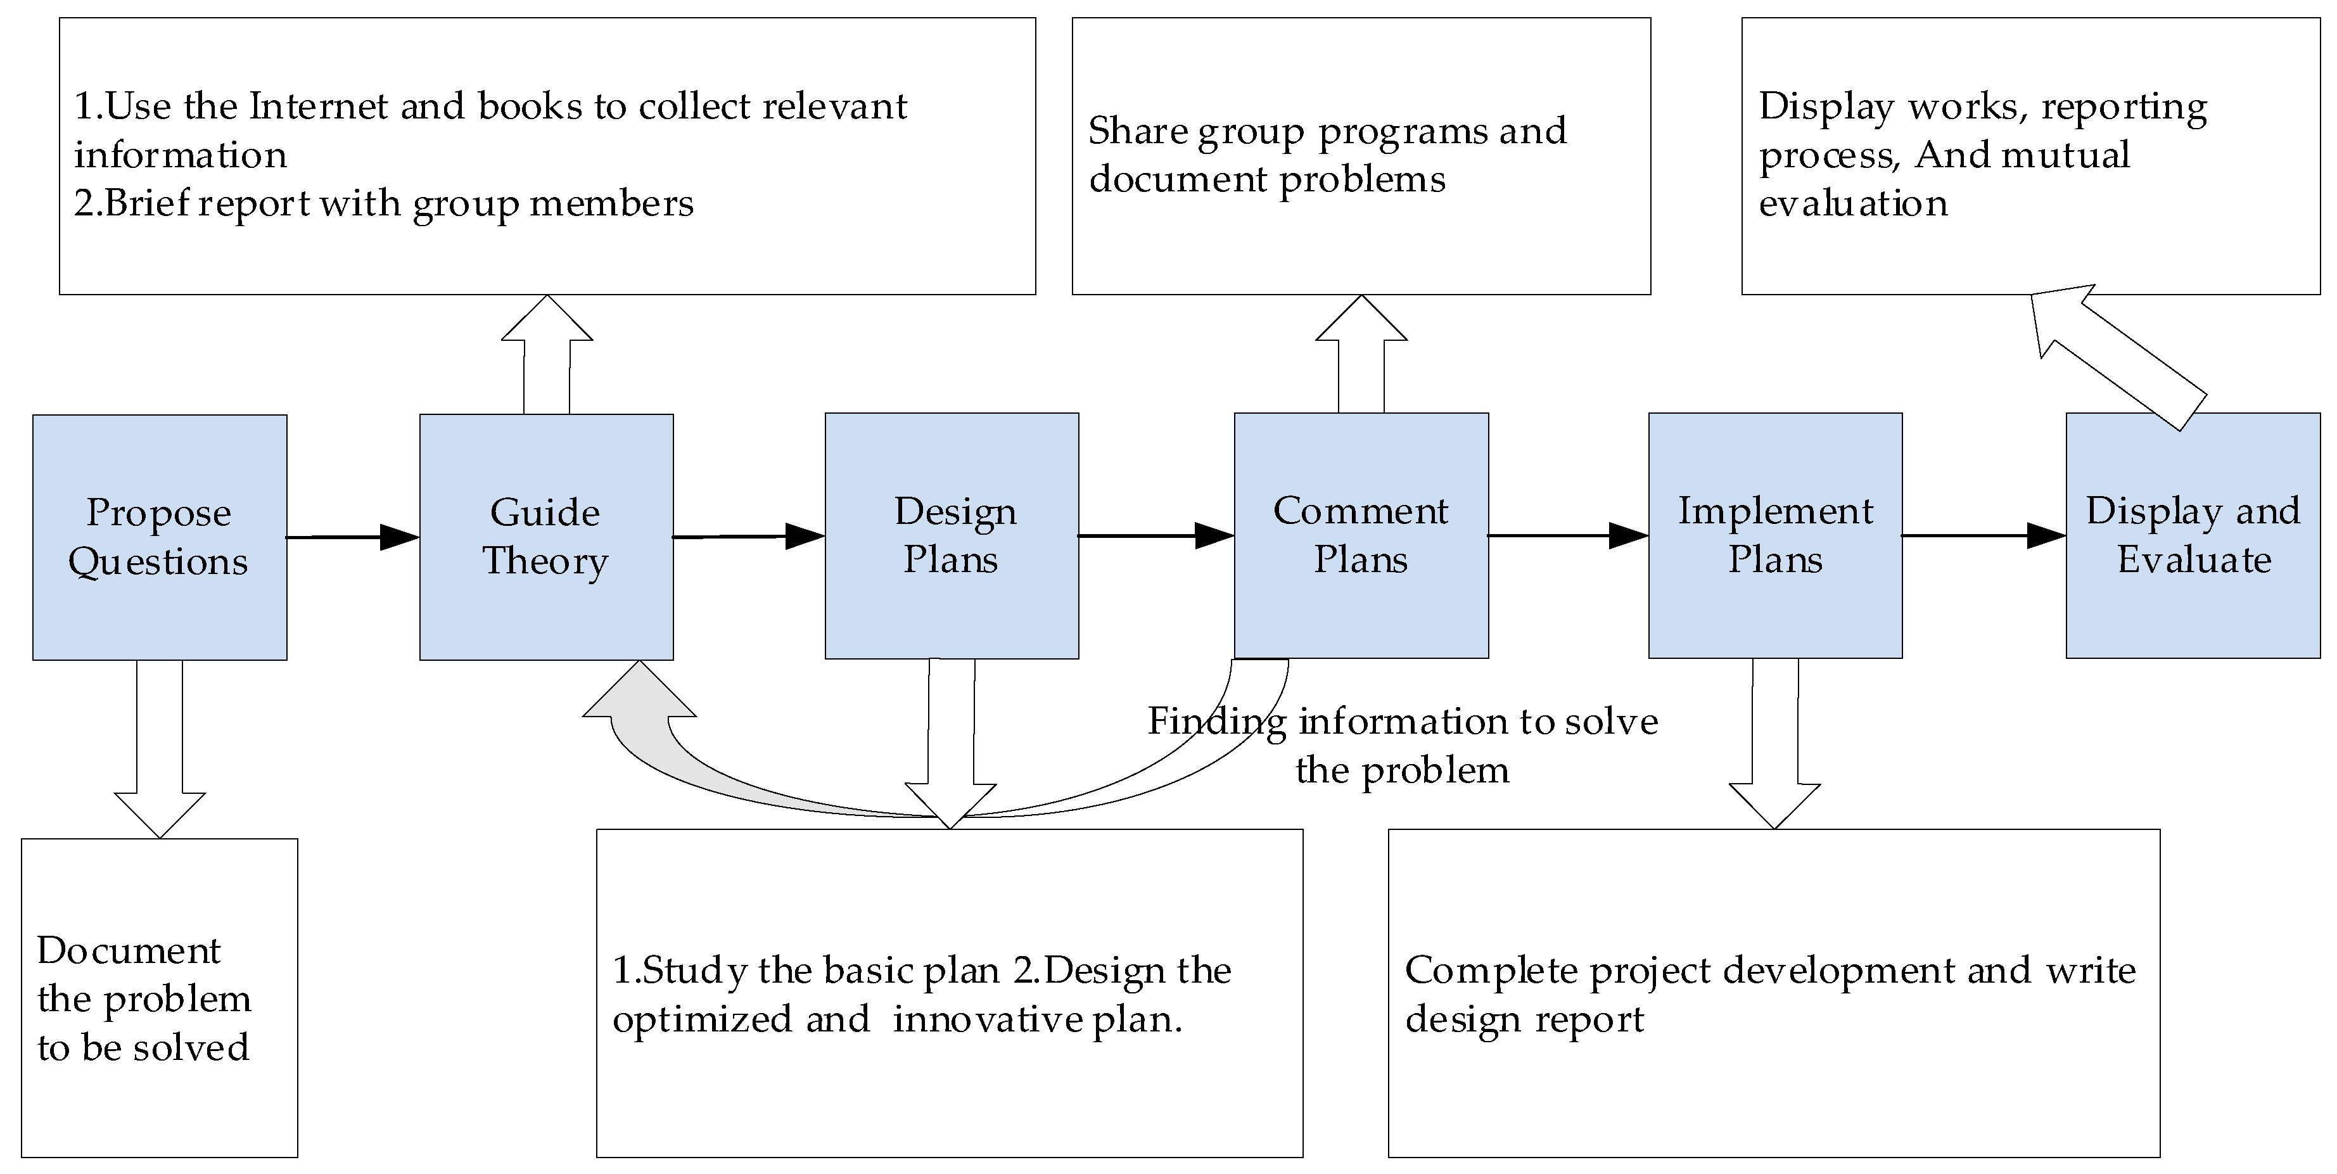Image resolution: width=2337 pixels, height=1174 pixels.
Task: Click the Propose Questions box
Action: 160,537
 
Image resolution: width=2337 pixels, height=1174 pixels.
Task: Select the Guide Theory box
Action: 546,537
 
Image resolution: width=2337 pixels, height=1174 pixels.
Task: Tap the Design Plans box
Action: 952,536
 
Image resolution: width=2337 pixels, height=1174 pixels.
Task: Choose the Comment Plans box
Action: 1361,535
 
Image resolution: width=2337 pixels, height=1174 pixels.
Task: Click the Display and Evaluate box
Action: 2193,535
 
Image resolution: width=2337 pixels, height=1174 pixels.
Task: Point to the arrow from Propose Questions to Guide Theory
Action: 354,537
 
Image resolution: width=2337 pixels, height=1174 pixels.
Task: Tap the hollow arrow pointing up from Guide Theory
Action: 547,354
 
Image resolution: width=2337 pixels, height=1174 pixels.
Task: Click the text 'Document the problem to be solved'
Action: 143,999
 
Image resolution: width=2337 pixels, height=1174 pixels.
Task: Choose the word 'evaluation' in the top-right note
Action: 1852,203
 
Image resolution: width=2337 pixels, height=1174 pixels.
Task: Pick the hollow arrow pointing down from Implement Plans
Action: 1774,744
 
